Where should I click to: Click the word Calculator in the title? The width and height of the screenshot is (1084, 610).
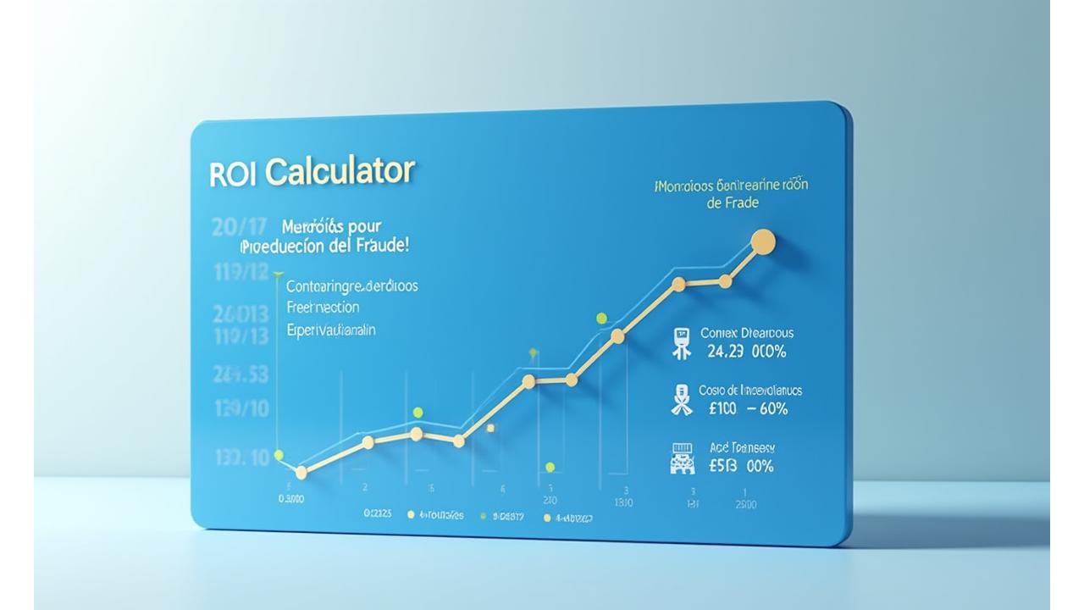pos(340,171)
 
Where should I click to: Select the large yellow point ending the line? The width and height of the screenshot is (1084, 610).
pos(763,241)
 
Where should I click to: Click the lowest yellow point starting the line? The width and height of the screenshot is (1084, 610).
pos(301,473)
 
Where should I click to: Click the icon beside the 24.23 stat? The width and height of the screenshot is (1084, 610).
pos(680,343)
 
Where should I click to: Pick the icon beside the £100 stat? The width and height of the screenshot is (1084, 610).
pos(681,400)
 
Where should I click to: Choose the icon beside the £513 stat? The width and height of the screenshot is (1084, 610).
pos(681,457)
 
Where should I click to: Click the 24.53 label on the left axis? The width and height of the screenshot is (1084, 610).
pos(241,374)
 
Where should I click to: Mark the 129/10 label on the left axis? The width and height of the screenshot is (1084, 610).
pos(241,409)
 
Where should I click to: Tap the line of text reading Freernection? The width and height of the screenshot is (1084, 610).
pos(323,308)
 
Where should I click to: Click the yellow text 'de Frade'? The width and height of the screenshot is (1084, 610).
pos(732,203)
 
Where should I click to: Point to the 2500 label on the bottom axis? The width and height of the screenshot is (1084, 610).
pos(745,505)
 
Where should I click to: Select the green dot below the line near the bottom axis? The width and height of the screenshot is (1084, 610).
pos(550,467)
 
